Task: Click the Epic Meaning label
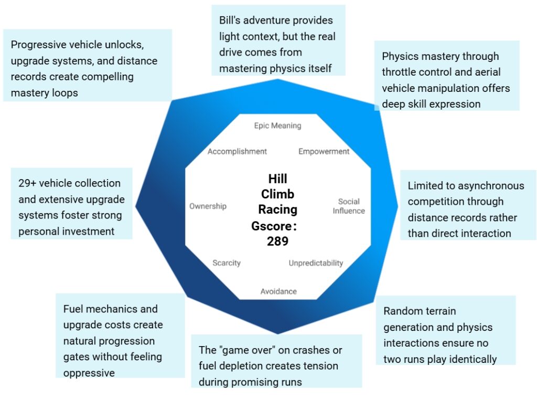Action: tap(277, 126)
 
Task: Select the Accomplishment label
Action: tap(237, 152)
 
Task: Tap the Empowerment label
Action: tap(324, 152)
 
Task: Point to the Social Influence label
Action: tap(349, 206)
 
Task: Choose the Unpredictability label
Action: tap(316, 263)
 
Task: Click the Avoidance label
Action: tap(278, 291)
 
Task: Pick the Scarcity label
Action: tap(227, 263)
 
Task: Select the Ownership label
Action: tap(208, 206)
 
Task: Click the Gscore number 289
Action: tap(277, 241)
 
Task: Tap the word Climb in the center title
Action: tap(277, 194)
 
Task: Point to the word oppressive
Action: tap(90, 373)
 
